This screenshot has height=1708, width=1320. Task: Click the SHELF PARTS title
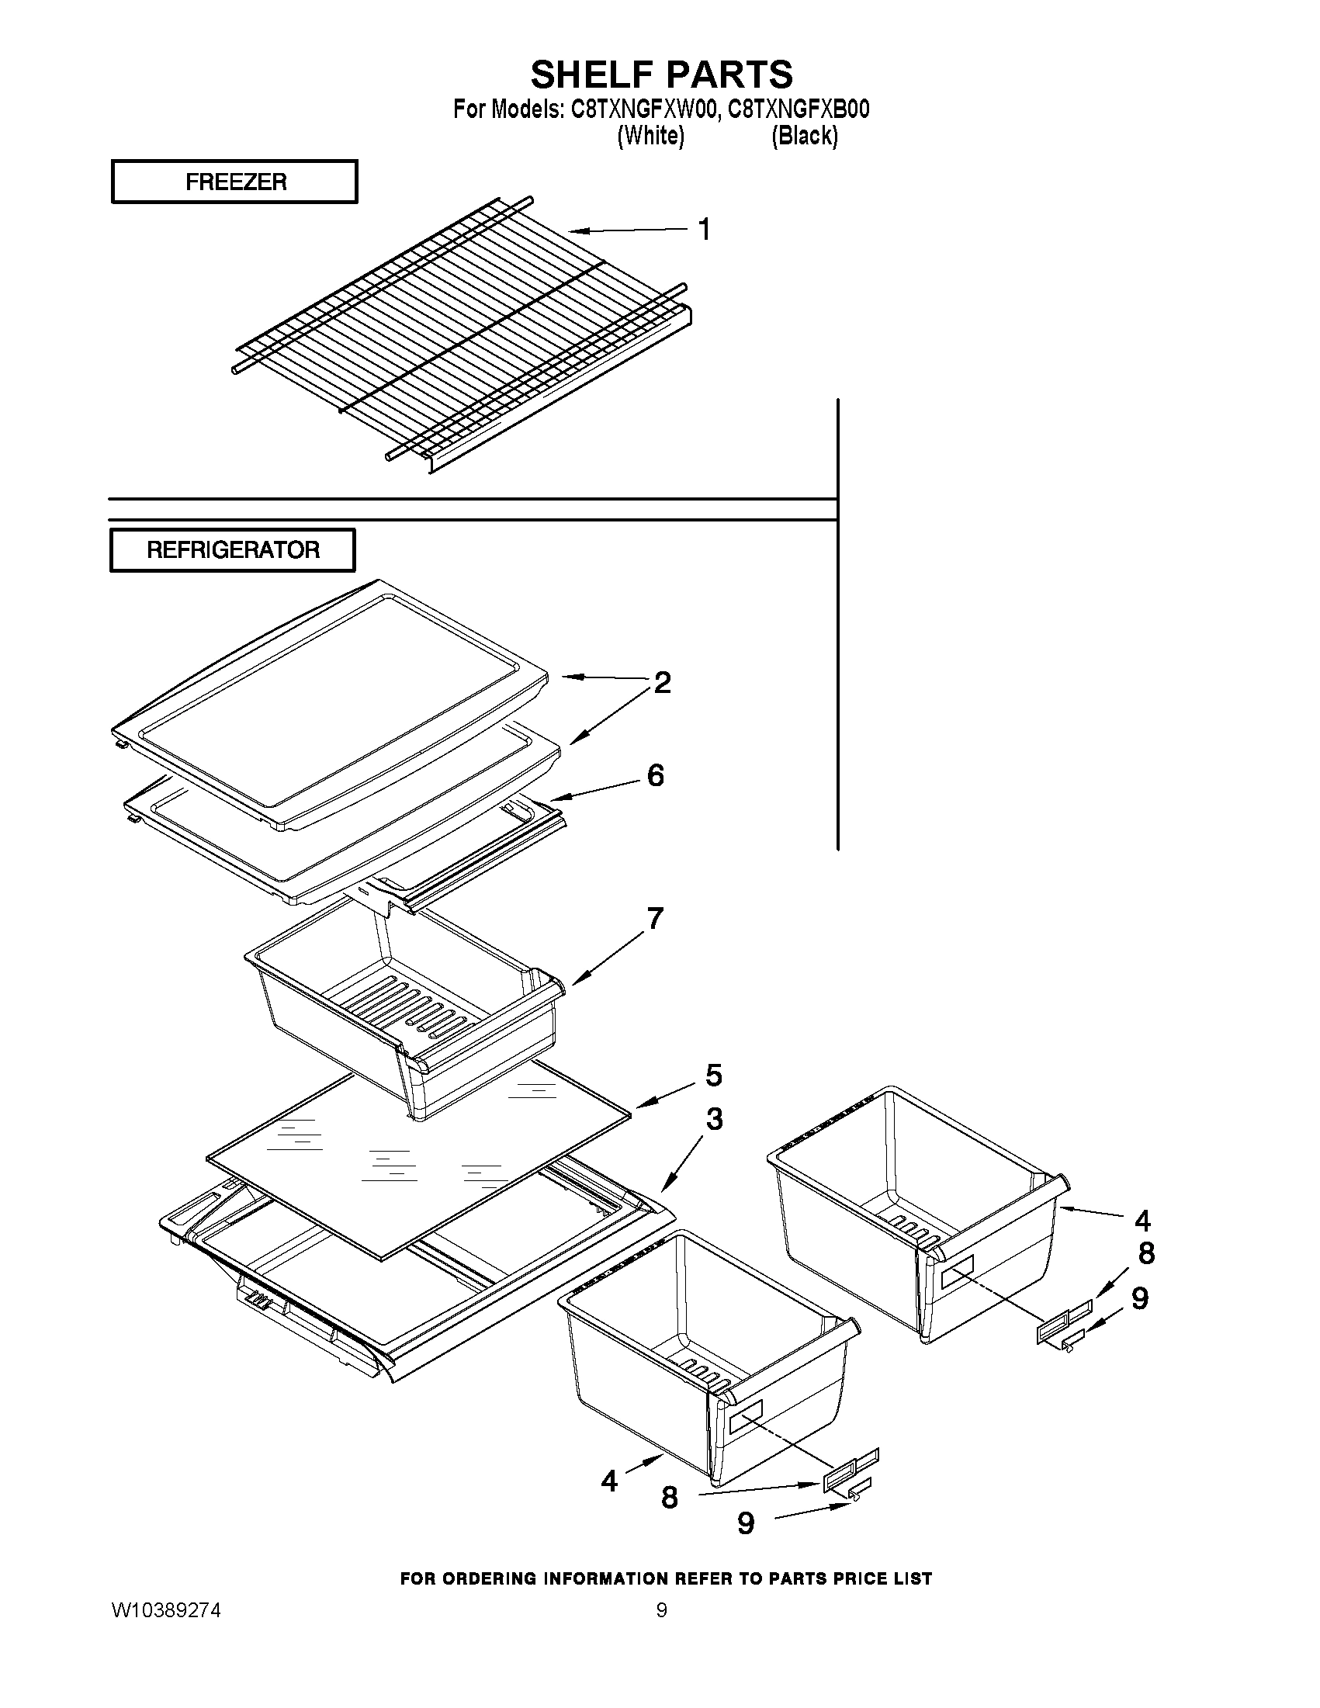point(661,74)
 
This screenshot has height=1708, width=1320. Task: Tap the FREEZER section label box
point(234,182)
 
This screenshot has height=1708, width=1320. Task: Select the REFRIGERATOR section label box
point(233,549)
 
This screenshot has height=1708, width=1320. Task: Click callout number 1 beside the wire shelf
point(704,230)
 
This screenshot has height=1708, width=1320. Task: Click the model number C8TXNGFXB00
point(799,109)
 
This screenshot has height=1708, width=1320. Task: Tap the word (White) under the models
point(650,136)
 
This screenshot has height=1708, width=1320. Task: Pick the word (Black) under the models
point(805,136)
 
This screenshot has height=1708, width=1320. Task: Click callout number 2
point(662,683)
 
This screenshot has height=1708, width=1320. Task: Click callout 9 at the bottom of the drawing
point(746,1523)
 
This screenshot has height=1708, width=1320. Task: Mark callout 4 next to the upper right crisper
point(1142,1219)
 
